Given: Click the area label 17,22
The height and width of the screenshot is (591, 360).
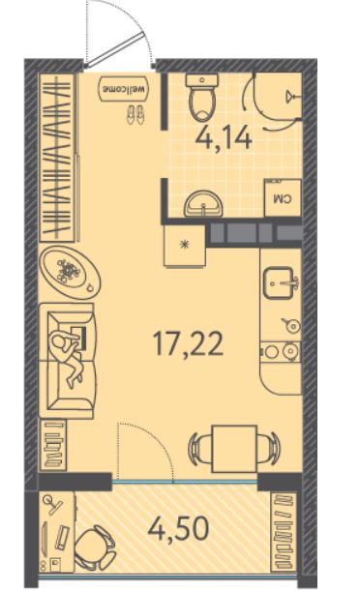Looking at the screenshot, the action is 188,344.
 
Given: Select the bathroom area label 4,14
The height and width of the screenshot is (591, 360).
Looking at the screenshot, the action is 224,138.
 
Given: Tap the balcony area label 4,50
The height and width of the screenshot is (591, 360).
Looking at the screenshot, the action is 178,528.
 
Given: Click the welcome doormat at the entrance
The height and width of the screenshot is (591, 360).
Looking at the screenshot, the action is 124,89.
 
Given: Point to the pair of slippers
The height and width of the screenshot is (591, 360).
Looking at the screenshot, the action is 135,114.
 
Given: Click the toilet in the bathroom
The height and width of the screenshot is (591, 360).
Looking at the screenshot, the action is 202,97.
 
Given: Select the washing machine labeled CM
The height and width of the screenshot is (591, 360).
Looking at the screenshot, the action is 283,197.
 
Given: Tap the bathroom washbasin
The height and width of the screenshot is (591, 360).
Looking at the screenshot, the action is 204,204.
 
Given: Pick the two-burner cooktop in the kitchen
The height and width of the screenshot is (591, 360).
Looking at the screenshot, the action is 281,352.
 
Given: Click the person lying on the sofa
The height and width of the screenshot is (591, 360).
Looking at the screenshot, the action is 70,353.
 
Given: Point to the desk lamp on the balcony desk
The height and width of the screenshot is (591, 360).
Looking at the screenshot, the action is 54,503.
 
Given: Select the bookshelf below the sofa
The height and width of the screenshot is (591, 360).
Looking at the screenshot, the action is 53,445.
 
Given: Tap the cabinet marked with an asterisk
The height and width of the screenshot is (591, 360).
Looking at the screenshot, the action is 185,246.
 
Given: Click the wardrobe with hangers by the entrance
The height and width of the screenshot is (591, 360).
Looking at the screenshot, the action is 56,157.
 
